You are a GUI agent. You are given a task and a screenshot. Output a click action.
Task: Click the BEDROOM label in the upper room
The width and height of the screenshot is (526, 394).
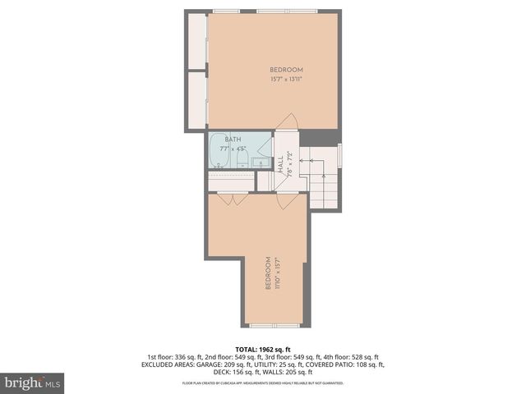point(287,70)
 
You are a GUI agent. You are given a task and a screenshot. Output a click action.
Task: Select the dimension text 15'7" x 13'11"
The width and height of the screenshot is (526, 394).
point(287,80)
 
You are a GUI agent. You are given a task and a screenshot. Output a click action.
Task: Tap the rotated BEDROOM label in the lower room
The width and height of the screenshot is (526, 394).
point(269,273)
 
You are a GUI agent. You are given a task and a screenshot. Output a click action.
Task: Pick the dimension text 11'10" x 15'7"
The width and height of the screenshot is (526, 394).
point(278,273)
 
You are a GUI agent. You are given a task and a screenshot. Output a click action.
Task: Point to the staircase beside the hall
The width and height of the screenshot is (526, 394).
point(322,176)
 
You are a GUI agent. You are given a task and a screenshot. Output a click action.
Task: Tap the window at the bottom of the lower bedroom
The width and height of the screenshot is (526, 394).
point(275,325)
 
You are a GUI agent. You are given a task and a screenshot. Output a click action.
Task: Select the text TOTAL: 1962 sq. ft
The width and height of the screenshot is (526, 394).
point(263,348)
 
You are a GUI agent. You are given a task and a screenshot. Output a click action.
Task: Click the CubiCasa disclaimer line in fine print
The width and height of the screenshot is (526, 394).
point(263,383)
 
